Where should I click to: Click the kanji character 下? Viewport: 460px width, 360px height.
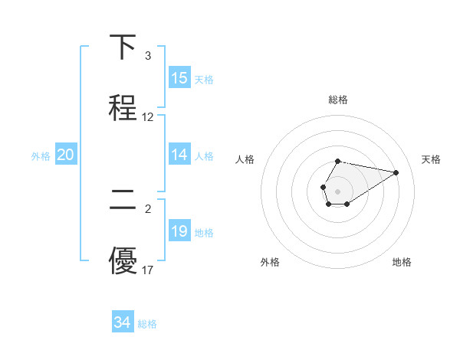[x=123, y=47]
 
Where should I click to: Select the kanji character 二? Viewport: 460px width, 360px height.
[x=123, y=201]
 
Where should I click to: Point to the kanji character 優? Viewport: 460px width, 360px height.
[x=123, y=261]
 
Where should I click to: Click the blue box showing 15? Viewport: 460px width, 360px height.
[x=179, y=78]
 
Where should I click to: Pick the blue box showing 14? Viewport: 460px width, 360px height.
[x=179, y=155]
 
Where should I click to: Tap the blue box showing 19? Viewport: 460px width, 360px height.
[x=179, y=231]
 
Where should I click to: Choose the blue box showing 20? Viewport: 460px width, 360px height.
[x=65, y=155]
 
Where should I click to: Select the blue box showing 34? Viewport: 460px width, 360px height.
[x=122, y=322]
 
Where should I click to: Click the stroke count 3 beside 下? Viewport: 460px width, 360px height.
[x=147, y=56]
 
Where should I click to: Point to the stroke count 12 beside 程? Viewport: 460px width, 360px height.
[x=148, y=117]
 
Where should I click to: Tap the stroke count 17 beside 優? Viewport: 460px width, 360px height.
[x=148, y=270]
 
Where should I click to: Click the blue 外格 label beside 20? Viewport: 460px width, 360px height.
[x=41, y=155]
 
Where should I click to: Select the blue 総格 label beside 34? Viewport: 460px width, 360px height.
[x=147, y=324]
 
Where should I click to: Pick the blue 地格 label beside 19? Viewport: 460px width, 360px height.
[x=204, y=232]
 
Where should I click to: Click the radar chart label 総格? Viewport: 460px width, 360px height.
[x=338, y=100]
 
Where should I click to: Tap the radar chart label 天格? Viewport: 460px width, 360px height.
[x=431, y=159]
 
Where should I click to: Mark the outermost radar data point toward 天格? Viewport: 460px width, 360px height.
[x=396, y=172]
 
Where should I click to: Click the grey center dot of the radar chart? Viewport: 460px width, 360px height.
[x=337, y=190]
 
